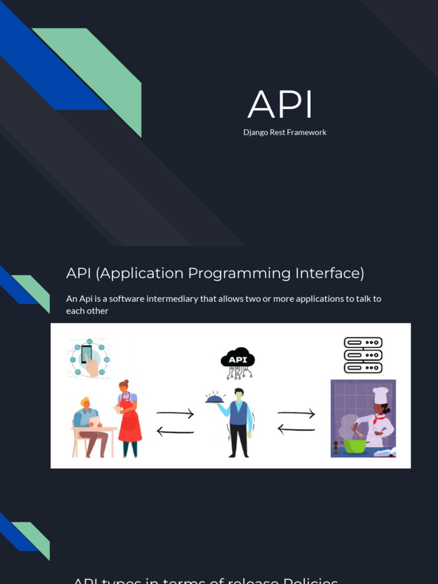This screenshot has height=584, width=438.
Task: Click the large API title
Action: [281, 105]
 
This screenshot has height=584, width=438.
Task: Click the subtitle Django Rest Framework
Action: [285, 132]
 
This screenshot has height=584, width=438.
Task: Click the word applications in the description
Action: [323, 299]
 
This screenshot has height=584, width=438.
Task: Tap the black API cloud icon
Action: [238, 359]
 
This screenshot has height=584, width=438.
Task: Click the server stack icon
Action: [363, 355]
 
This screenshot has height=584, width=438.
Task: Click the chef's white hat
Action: [380, 394]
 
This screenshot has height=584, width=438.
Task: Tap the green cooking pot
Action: [354, 445]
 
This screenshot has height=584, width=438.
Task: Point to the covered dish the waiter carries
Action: [215, 398]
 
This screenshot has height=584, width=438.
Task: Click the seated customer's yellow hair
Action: [85, 401]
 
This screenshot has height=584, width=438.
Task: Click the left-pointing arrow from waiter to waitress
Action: [175, 432]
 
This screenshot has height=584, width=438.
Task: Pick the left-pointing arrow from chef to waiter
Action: [296, 429]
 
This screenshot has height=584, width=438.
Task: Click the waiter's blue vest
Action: [238, 413]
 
